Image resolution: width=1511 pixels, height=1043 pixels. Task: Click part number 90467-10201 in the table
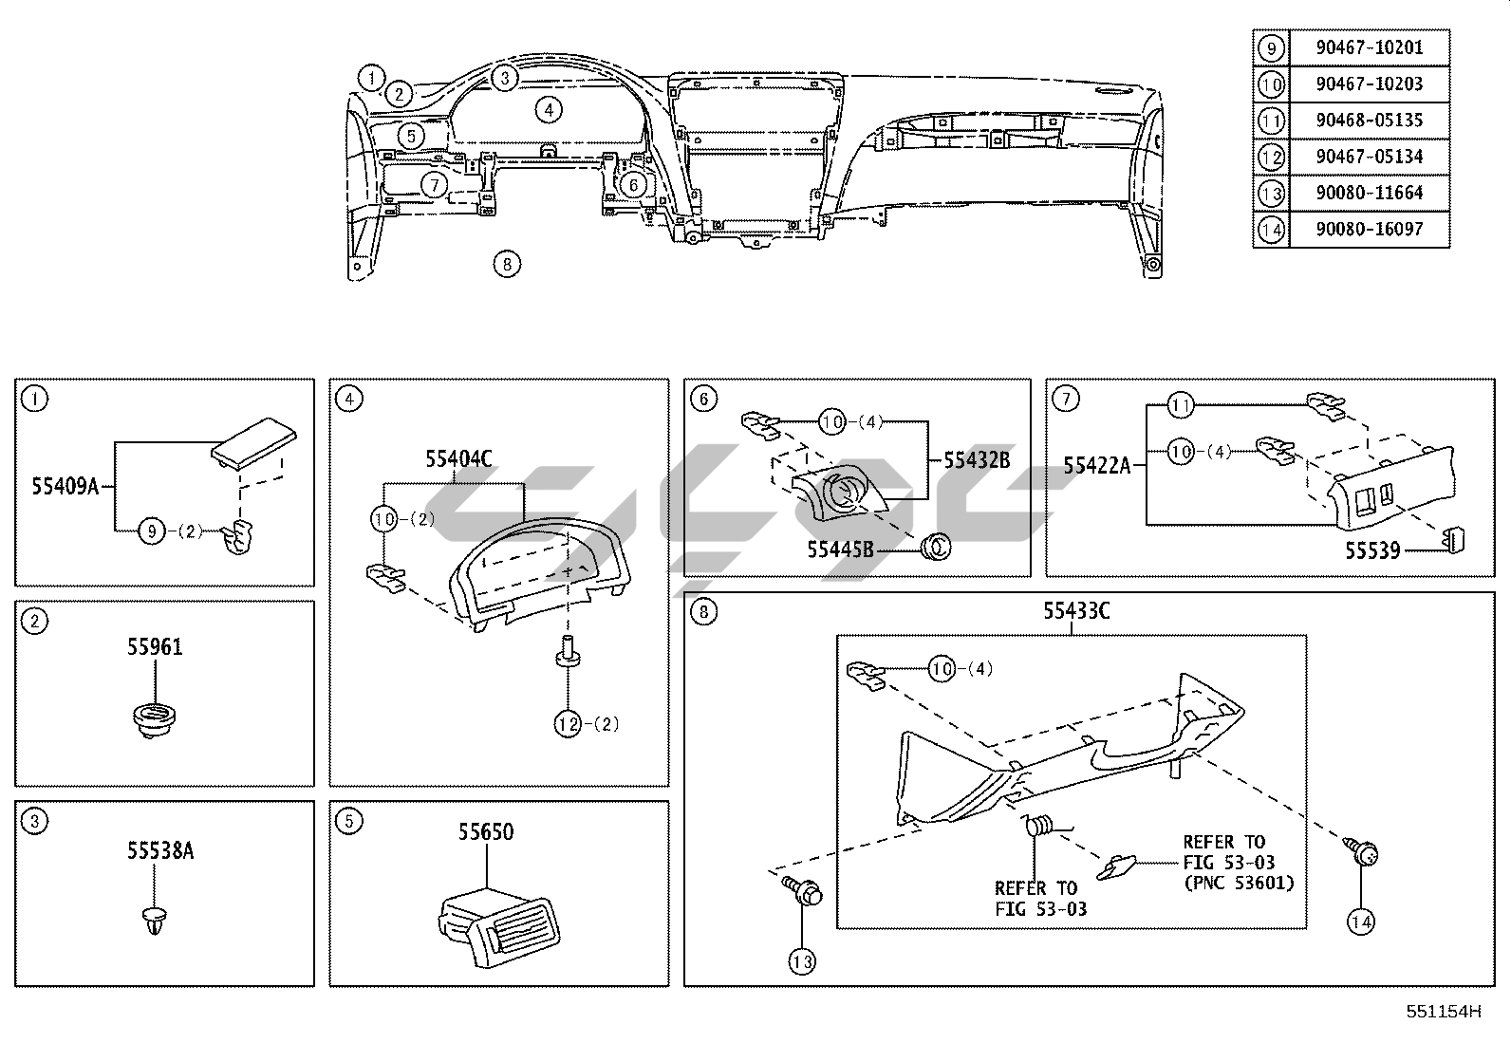(x=1370, y=47)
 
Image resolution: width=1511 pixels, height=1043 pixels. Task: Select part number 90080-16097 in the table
(x=1370, y=230)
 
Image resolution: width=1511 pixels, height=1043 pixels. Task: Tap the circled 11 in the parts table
(x=1272, y=121)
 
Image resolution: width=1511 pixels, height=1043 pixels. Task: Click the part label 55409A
(x=65, y=486)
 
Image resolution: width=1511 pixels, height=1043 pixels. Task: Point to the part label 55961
(x=155, y=647)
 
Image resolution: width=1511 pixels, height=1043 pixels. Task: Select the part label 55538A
(x=160, y=850)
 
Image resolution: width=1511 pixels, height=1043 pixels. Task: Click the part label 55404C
(x=458, y=458)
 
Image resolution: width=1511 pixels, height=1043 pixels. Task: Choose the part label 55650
(x=486, y=831)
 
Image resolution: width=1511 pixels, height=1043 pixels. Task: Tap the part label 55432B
(x=977, y=460)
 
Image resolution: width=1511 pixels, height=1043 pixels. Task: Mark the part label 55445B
(x=841, y=549)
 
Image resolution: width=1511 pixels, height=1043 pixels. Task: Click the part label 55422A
(x=1097, y=465)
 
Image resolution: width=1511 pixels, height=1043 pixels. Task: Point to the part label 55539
(x=1373, y=551)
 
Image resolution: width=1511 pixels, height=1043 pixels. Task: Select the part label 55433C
(x=1076, y=610)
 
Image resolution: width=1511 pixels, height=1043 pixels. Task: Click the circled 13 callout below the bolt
(x=802, y=961)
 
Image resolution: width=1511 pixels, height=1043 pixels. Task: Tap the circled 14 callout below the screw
(x=1361, y=922)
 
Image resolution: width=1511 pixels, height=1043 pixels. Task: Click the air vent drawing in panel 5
(x=499, y=930)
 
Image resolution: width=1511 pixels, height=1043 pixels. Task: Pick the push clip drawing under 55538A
(x=155, y=921)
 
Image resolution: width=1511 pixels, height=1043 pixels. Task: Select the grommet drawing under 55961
(x=154, y=720)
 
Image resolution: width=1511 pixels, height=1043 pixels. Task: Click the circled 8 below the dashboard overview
(x=507, y=264)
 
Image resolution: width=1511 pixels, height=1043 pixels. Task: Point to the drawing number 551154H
(x=1444, y=1012)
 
